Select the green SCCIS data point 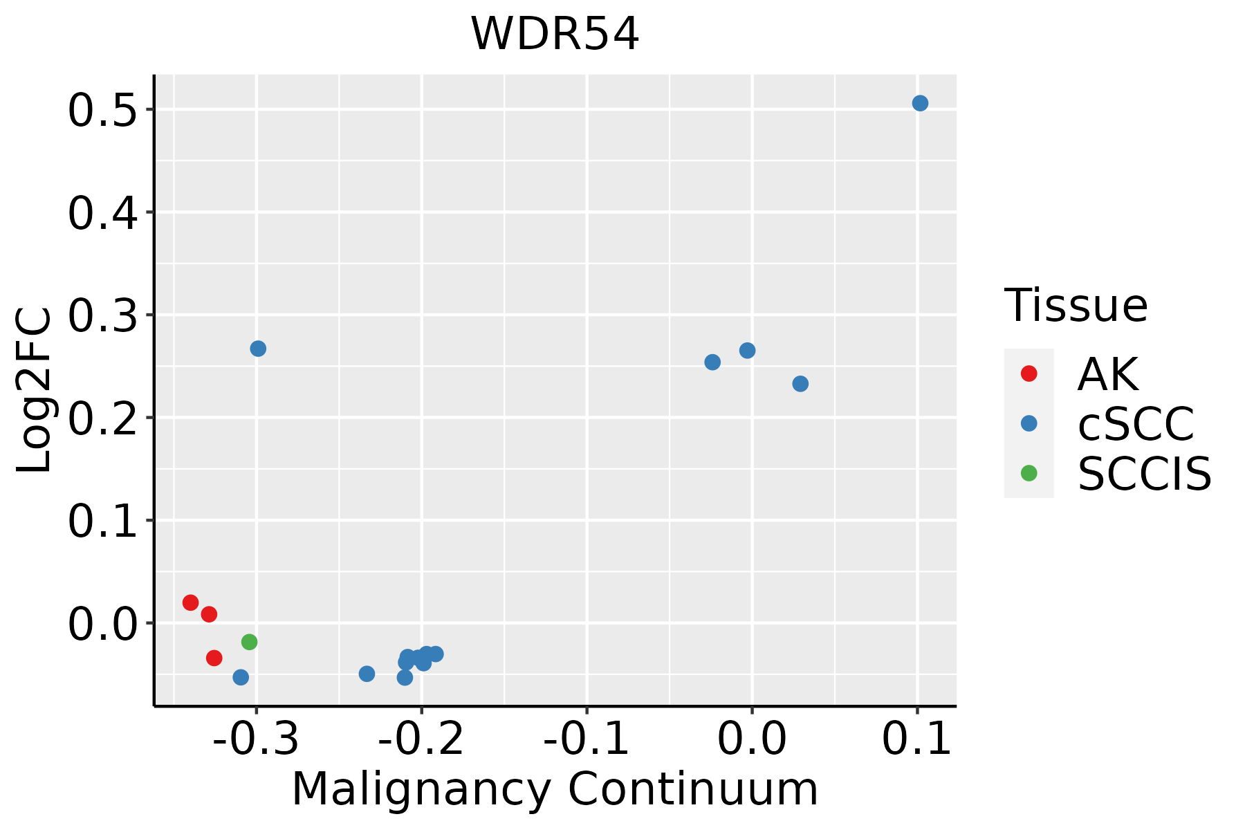point(250,642)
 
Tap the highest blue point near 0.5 point(920,104)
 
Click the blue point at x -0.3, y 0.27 point(258,349)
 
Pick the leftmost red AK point point(191,602)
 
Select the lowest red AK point point(214,658)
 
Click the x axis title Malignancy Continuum point(555,789)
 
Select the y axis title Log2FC point(35,391)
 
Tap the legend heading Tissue point(1076,305)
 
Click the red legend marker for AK point(1029,373)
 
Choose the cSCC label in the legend point(1136,423)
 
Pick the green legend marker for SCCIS point(1029,473)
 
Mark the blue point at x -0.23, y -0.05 point(367,674)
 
